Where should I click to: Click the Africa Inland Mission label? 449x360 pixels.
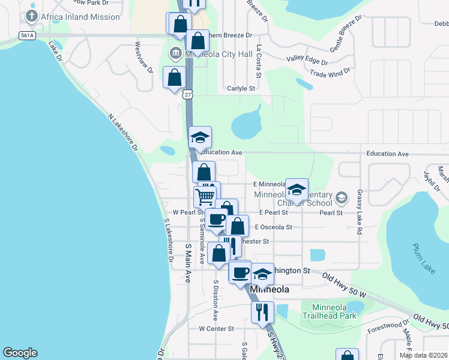pyautogui.click(x=80, y=17)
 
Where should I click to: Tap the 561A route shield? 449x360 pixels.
pyautogui.click(x=27, y=36)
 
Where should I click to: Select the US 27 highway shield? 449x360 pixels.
pyautogui.click(x=188, y=94)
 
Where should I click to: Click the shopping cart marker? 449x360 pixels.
pyautogui.click(x=205, y=196)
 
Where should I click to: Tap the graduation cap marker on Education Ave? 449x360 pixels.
pyautogui.click(x=200, y=138)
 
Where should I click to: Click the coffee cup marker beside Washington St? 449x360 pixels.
pyautogui.click(x=241, y=272)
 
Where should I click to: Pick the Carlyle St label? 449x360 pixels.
pyautogui.click(x=241, y=89)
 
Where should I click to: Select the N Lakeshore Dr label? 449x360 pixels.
pyautogui.click(x=123, y=132)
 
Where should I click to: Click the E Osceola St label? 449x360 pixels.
pyautogui.click(x=273, y=227)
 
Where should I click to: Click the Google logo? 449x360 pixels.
pyautogui.click(x=20, y=353)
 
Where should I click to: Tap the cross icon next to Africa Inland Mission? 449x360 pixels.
pyautogui.click(x=32, y=16)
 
